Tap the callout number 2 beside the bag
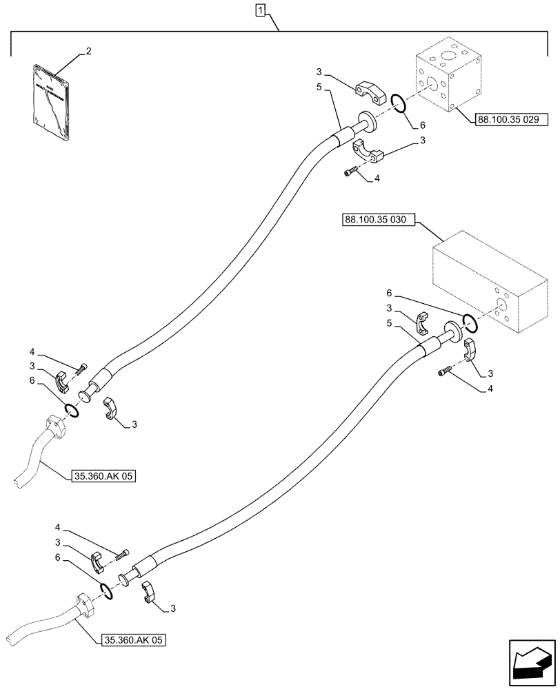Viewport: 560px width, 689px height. click(x=88, y=51)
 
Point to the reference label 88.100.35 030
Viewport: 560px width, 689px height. click(x=375, y=220)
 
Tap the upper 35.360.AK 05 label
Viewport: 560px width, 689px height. click(x=104, y=475)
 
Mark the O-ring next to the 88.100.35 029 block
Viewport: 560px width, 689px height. click(x=397, y=103)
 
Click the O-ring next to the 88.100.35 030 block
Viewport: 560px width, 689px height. click(x=470, y=322)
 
